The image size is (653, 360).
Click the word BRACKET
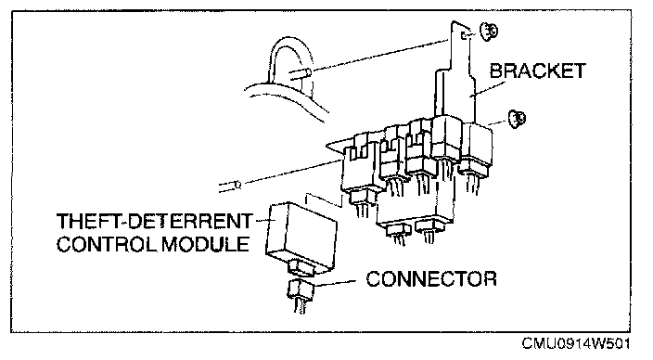(x=538, y=71)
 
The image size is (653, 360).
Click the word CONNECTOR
(x=431, y=278)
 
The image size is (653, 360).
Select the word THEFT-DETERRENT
(x=155, y=221)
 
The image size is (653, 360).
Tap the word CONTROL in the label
(x=107, y=244)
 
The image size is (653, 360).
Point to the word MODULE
(x=205, y=244)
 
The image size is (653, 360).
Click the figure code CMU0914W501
(x=576, y=343)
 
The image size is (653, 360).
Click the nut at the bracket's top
(x=488, y=32)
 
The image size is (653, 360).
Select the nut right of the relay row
(x=517, y=119)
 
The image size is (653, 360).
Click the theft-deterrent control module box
(x=301, y=236)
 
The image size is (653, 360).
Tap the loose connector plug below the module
(x=300, y=290)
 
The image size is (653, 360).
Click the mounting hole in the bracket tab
(x=464, y=36)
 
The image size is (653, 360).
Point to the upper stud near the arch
(x=301, y=74)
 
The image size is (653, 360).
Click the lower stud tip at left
(x=237, y=184)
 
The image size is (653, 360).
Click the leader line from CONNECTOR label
(x=335, y=283)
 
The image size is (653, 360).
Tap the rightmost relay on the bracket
(x=475, y=149)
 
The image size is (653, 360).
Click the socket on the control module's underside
(x=299, y=266)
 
